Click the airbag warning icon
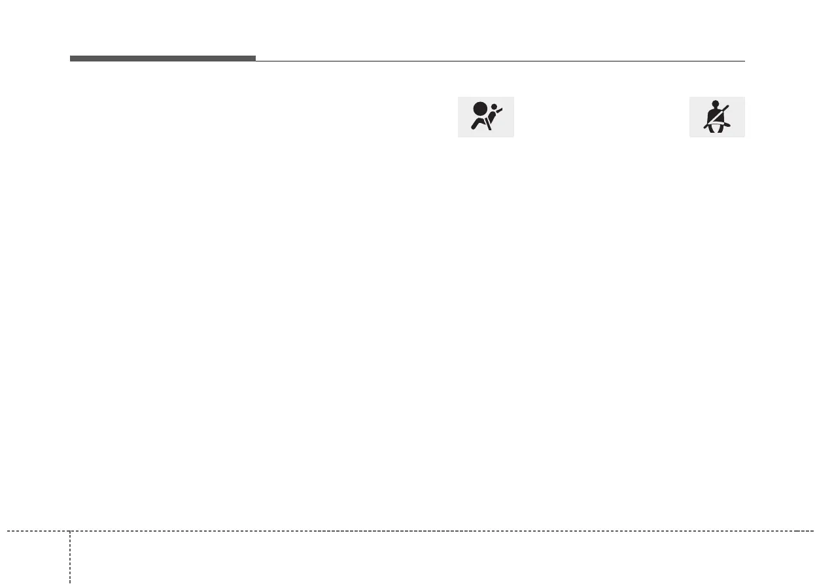click(485, 117)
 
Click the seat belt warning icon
click(717, 117)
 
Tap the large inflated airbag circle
click(481, 109)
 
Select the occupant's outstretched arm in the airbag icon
click(499, 113)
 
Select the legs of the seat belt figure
click(718, 128)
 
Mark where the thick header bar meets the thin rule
click(256, 60)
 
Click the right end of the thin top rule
click(744, 61)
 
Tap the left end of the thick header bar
click(71, 58)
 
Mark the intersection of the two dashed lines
click(70, 530)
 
